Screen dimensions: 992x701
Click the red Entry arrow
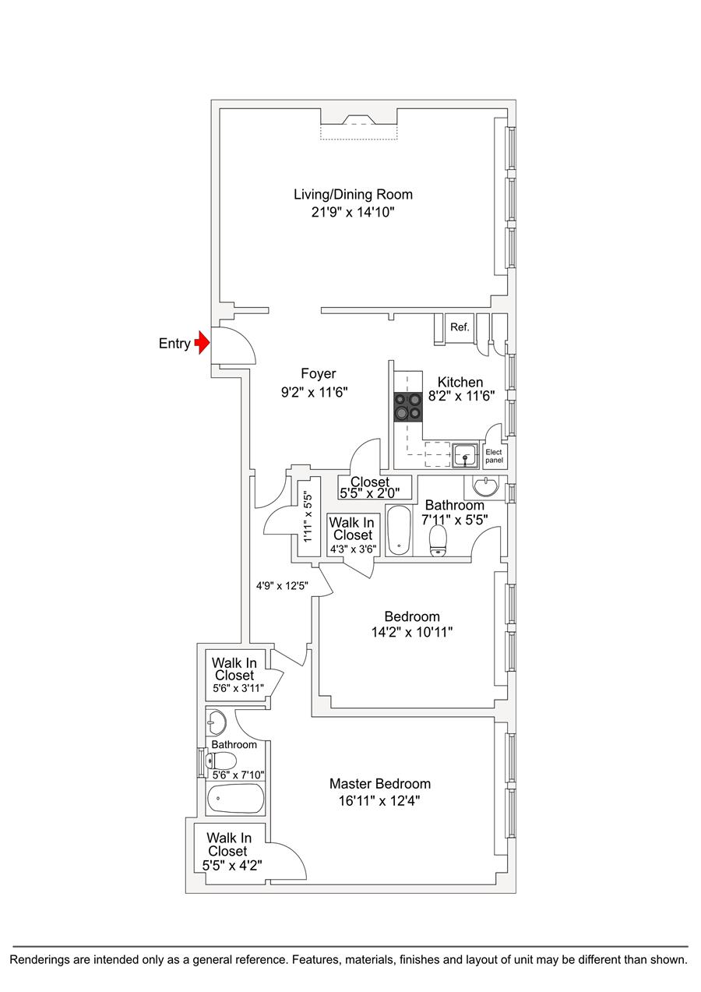[203, 341]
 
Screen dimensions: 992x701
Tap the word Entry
[174, 344]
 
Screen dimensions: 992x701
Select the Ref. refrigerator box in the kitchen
[460, 327]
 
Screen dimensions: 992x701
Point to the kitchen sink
[465, 454]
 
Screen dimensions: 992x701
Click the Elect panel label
[494, 457]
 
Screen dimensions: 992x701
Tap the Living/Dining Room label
[353, 194]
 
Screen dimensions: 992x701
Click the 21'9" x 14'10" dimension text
[353, 212]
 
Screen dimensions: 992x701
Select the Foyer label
[319, 374]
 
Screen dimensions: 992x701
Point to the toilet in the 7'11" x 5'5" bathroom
[439, 540]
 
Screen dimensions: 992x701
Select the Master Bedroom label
[379, 783]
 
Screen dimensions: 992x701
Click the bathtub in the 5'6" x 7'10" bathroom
[235, 798]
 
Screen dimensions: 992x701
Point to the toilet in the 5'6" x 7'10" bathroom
[223, 761]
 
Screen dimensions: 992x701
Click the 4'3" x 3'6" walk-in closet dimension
[353, 549]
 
